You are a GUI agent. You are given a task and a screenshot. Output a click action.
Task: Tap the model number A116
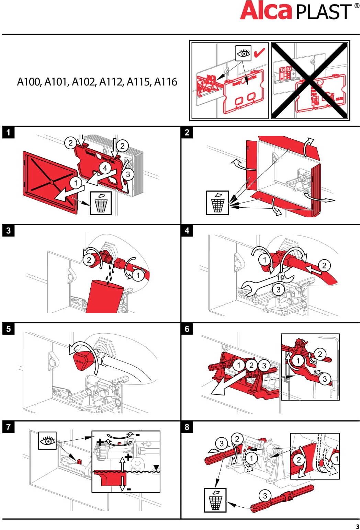coord(166,82)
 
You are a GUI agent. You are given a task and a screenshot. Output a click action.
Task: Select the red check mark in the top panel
coord(259,53)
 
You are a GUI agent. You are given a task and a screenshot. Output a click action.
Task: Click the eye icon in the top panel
coord(243,54)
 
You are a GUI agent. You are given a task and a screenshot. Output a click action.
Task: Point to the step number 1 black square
coord(8,132)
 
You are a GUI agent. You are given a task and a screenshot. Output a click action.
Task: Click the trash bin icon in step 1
coord(101,203)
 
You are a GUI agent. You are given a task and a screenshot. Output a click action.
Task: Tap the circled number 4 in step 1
coord(105,168)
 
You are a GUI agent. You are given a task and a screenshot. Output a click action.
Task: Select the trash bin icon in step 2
coord(217,203)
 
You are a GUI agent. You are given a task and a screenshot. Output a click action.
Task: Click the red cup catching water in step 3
coord(104,296)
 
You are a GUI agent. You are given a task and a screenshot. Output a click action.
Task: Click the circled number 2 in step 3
coord(89,260)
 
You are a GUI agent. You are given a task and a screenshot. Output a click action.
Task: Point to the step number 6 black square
coord(187,329)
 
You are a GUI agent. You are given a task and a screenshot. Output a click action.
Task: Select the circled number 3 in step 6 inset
coord(325,379)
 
